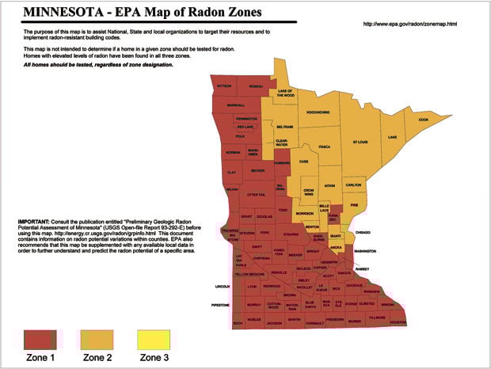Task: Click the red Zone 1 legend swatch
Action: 37,340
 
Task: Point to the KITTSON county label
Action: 225,85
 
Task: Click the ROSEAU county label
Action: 256,85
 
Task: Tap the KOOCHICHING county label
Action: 323,112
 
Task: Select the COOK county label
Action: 423,120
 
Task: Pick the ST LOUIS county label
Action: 360,143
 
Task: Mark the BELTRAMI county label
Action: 286,127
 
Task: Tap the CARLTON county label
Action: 353,184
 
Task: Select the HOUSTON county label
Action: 398,322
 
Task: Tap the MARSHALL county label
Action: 235,105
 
